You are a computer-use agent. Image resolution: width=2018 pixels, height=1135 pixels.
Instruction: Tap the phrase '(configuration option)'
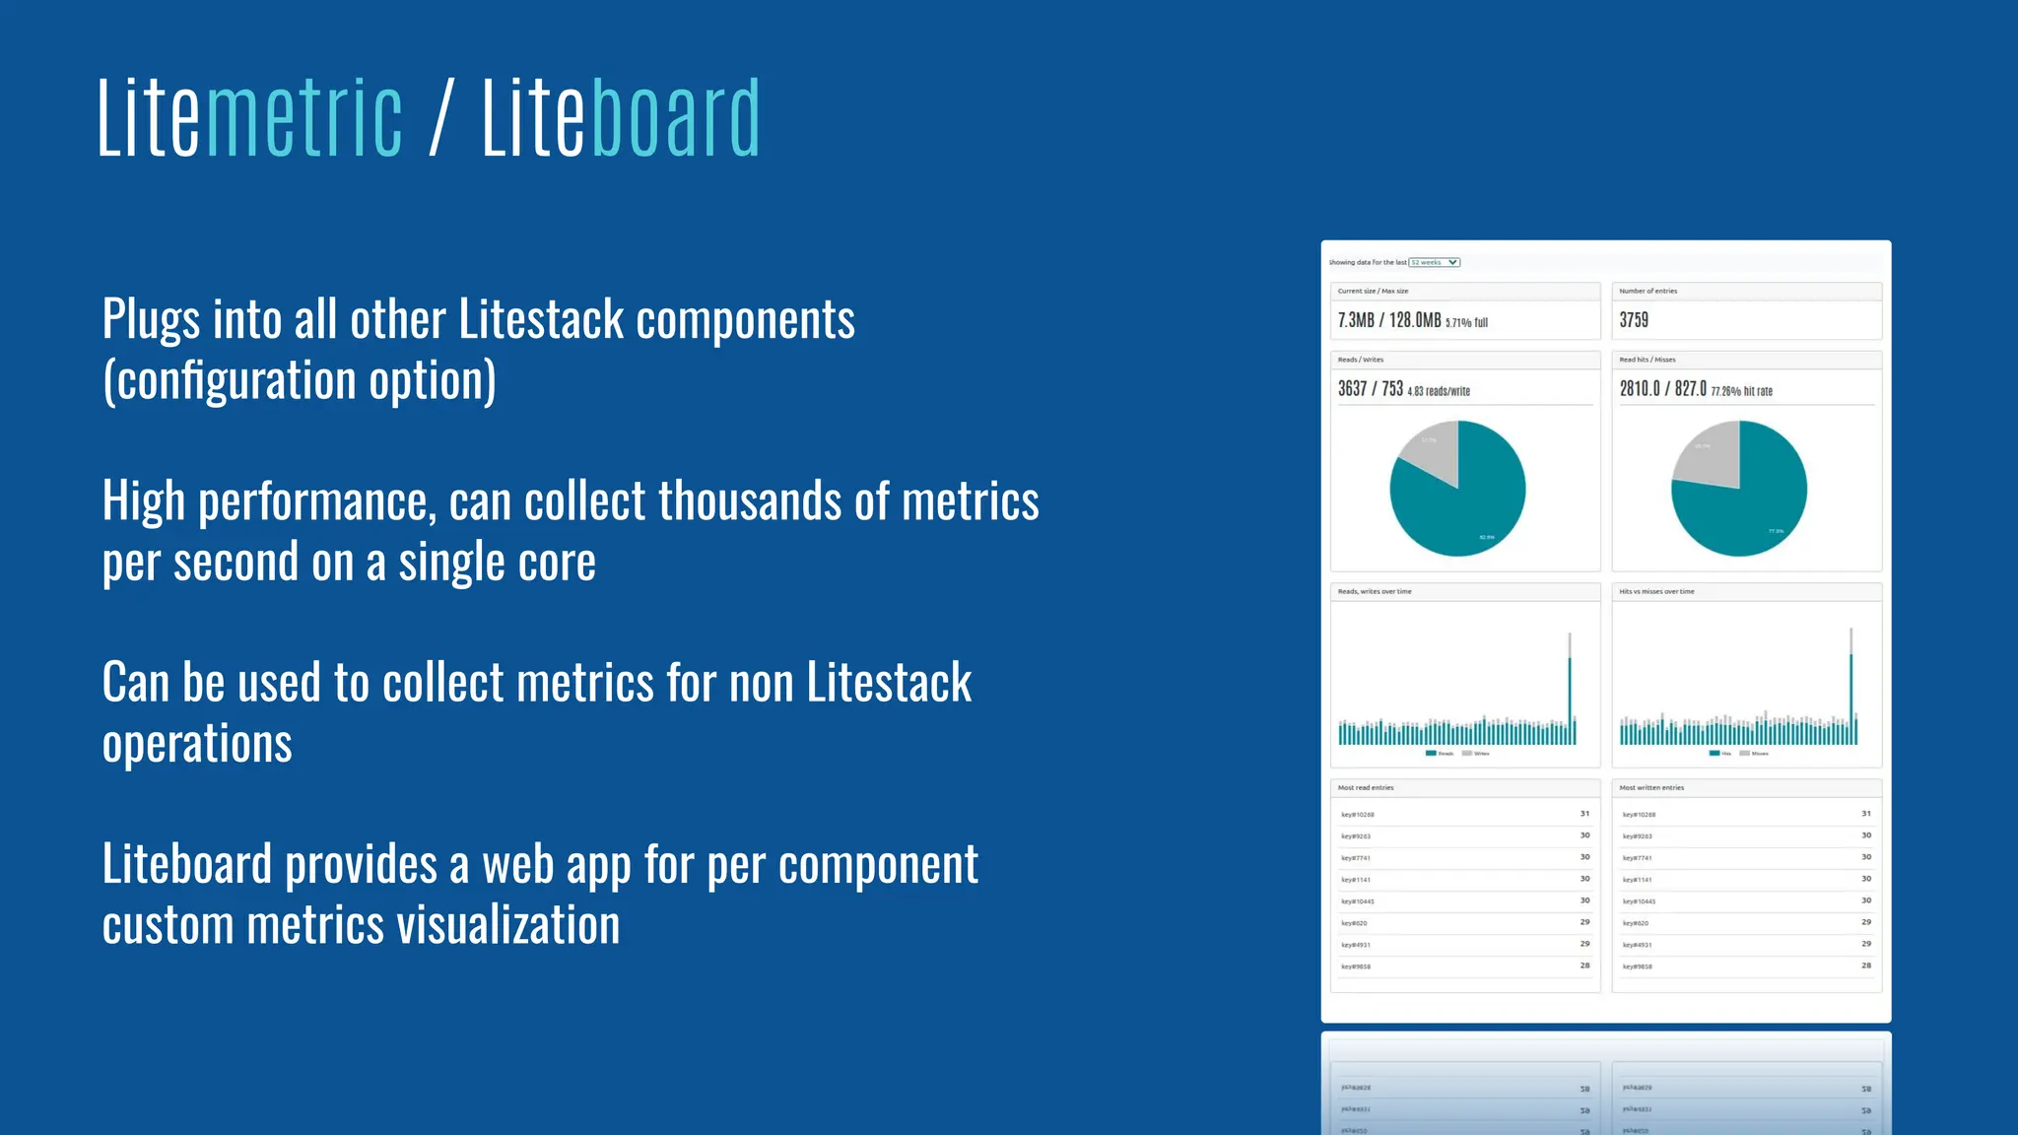pos(300,380)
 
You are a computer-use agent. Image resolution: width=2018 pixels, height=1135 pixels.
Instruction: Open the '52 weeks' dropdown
pos(1435,262)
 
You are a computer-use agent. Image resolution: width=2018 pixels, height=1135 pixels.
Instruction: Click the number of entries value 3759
pos(1634,320)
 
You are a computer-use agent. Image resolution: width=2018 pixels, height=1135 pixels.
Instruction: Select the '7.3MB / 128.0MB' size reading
pos(1389,320)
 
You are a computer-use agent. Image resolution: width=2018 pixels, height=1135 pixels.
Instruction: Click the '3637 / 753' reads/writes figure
pos(1370,389)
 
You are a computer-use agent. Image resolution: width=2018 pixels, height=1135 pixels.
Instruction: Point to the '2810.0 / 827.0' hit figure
pos(1662,389)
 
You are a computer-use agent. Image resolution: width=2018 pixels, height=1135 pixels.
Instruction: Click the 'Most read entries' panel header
pos(1366,788)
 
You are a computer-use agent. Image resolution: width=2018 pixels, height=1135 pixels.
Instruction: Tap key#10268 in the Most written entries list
pos(1639,815)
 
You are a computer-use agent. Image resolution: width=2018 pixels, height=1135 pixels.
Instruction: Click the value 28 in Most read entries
pos(1584,966)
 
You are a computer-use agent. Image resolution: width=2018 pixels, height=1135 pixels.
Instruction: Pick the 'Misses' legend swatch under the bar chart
pos(1745,754)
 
